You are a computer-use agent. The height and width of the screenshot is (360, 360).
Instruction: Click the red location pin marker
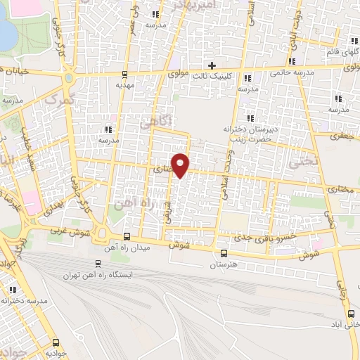pyautogui.click(x=181, y=164)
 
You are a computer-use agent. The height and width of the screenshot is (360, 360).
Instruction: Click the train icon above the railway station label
pyautogui.click(x=98, y=264)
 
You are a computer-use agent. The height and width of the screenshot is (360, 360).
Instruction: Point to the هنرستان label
pyautogui.click(x=224, y=265)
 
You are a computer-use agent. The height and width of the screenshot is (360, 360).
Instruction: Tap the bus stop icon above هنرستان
pyautogui.click(x=224, y=253)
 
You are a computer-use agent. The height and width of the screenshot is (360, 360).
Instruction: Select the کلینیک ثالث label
pyautogui.click(x=210, y=76)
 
